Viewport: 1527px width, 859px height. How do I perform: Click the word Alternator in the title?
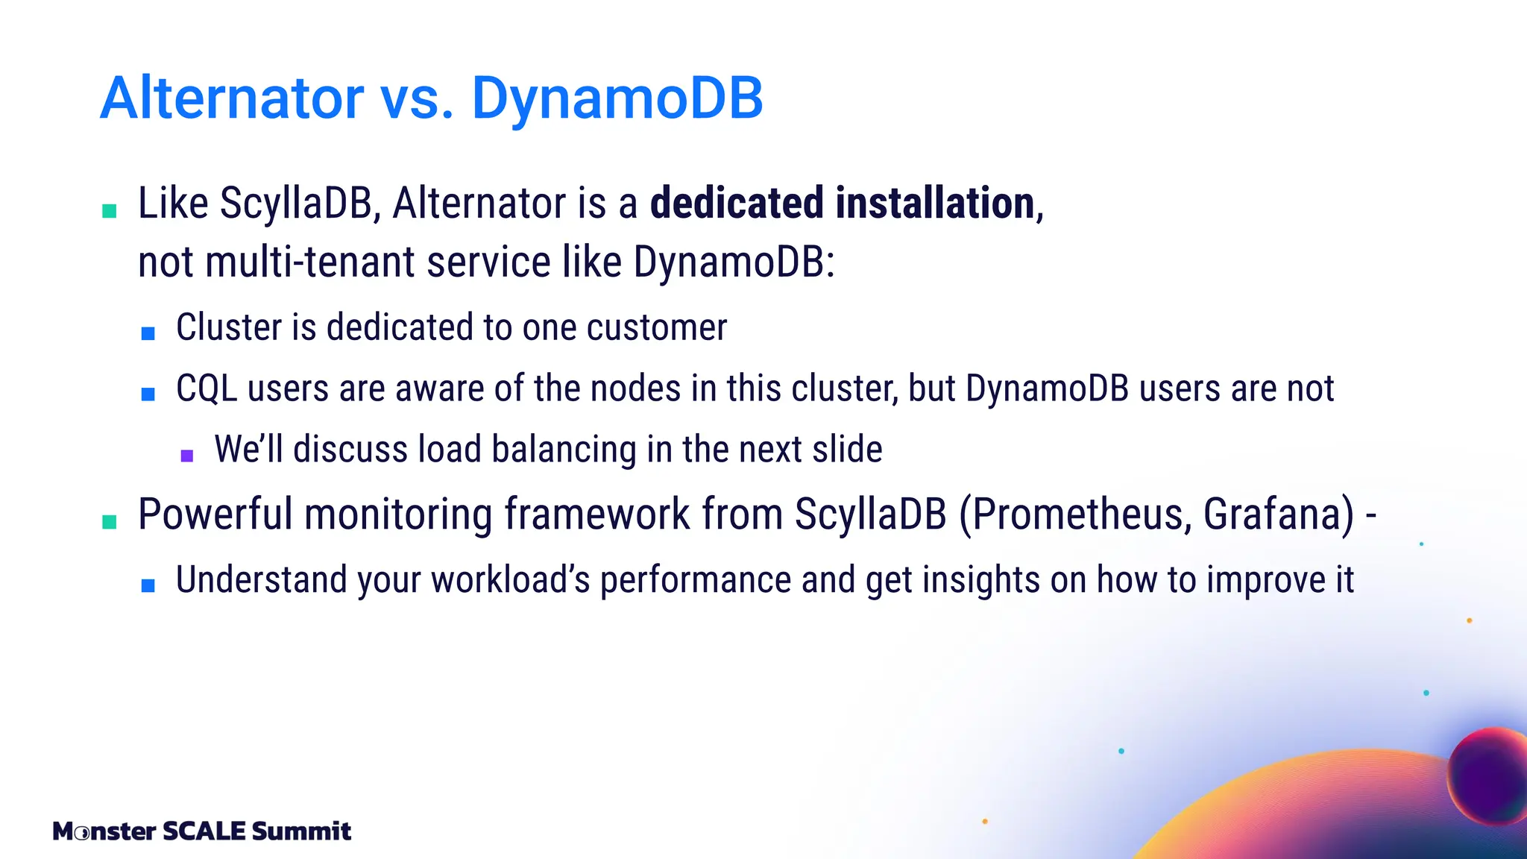coord(232,98)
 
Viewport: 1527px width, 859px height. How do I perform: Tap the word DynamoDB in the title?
coord(617,98)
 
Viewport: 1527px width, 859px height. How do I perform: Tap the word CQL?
coord(207,388)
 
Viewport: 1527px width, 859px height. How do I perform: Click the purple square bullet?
coord(187,455)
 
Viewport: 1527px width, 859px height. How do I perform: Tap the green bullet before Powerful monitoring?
coord(110,521)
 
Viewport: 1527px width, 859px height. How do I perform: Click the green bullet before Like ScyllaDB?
coord(110,210)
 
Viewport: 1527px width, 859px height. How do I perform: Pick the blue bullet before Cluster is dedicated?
coord(148,333)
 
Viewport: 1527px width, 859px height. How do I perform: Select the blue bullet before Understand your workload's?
coord(148,586)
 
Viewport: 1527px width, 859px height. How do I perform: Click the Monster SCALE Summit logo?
coord(201,831)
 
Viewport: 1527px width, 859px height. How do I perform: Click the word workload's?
coord(511,580)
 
